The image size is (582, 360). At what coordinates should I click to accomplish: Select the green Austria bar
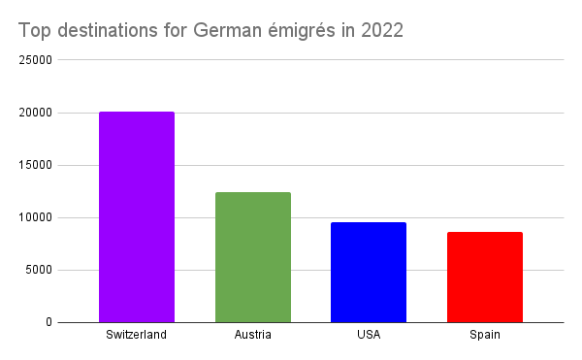point(252,257)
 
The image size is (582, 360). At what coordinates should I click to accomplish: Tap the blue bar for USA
point(369,272)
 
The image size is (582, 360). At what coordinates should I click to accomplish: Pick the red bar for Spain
point(484,277)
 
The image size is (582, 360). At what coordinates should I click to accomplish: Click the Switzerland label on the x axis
point(137,336)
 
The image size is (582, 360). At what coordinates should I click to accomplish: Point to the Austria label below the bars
point(252,336)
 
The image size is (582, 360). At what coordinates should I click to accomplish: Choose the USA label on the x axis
point(369,336)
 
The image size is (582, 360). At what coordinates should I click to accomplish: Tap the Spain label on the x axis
point(484,336)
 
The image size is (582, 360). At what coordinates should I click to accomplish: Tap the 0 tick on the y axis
point(48,322)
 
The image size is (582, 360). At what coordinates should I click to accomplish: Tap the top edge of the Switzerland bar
point(137,113)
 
